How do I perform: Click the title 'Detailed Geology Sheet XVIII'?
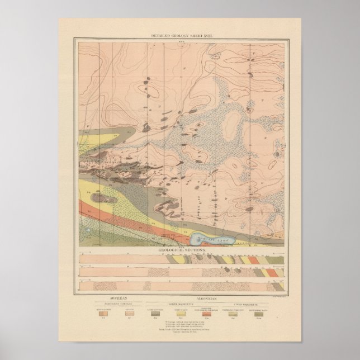coord(179,37)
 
